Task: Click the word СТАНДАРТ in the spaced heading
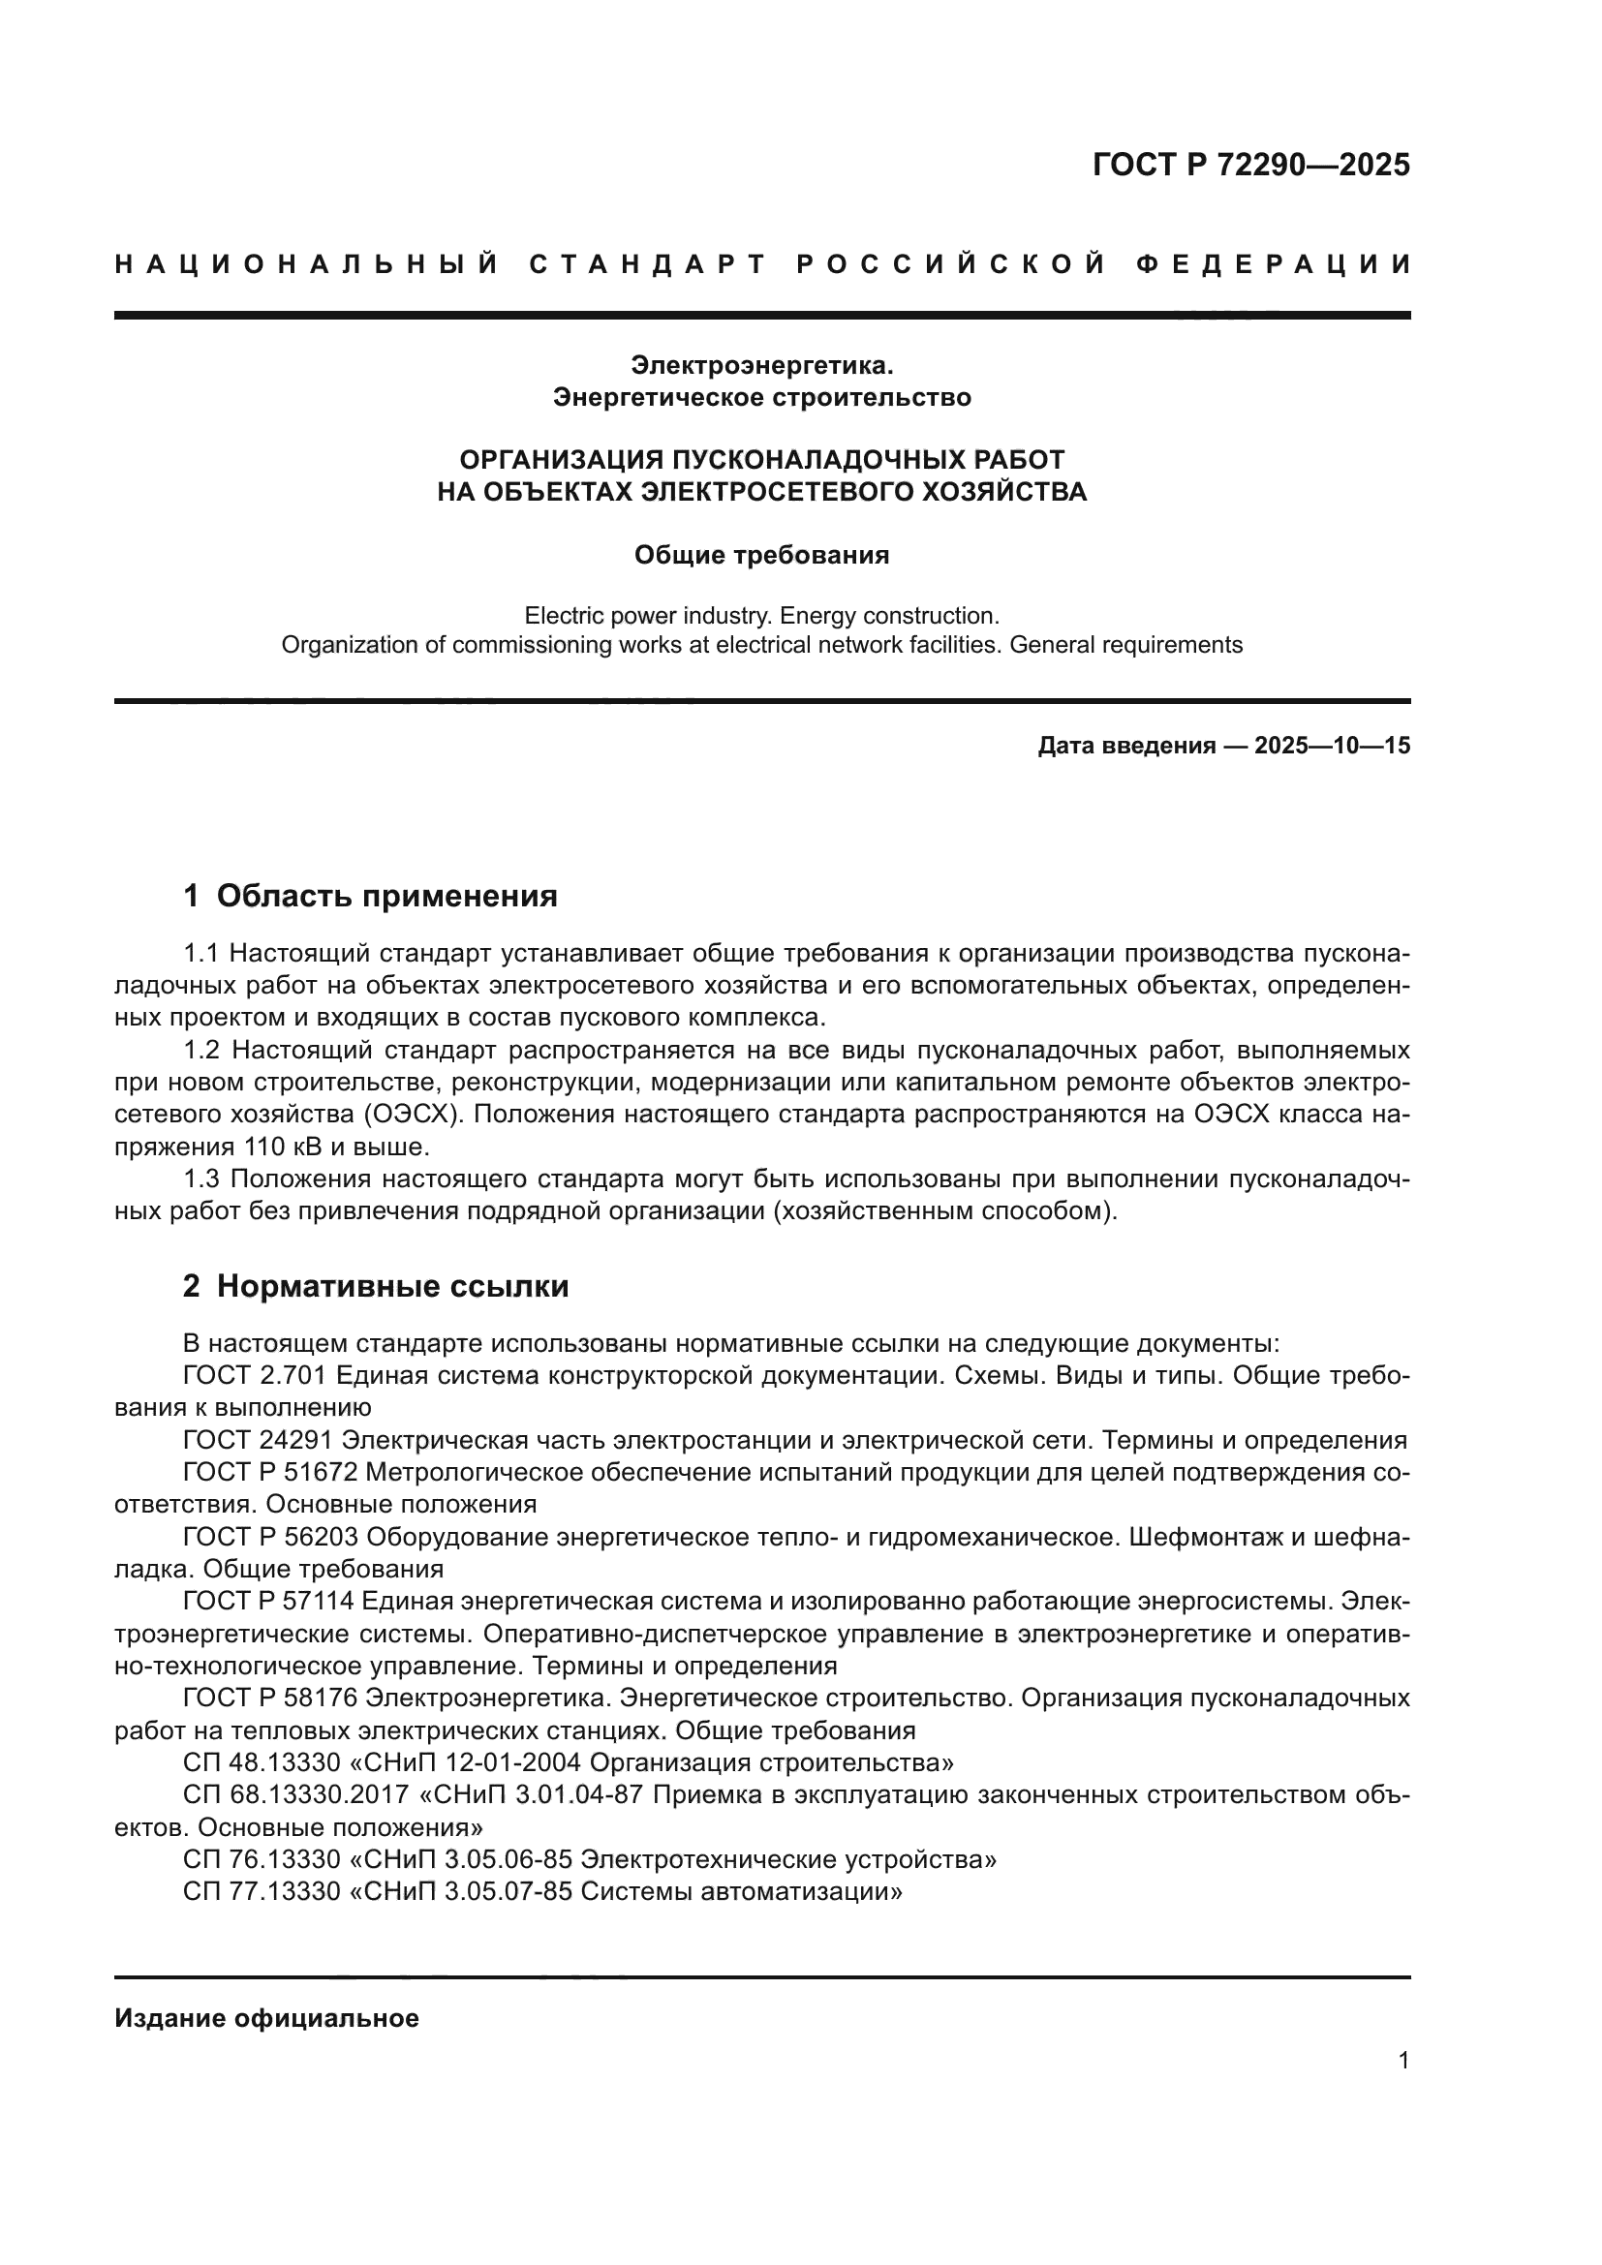[647, 264]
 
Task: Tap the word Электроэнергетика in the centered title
[760, 365]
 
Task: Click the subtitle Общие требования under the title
[760, 556]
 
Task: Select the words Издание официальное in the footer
[266, 2018]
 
